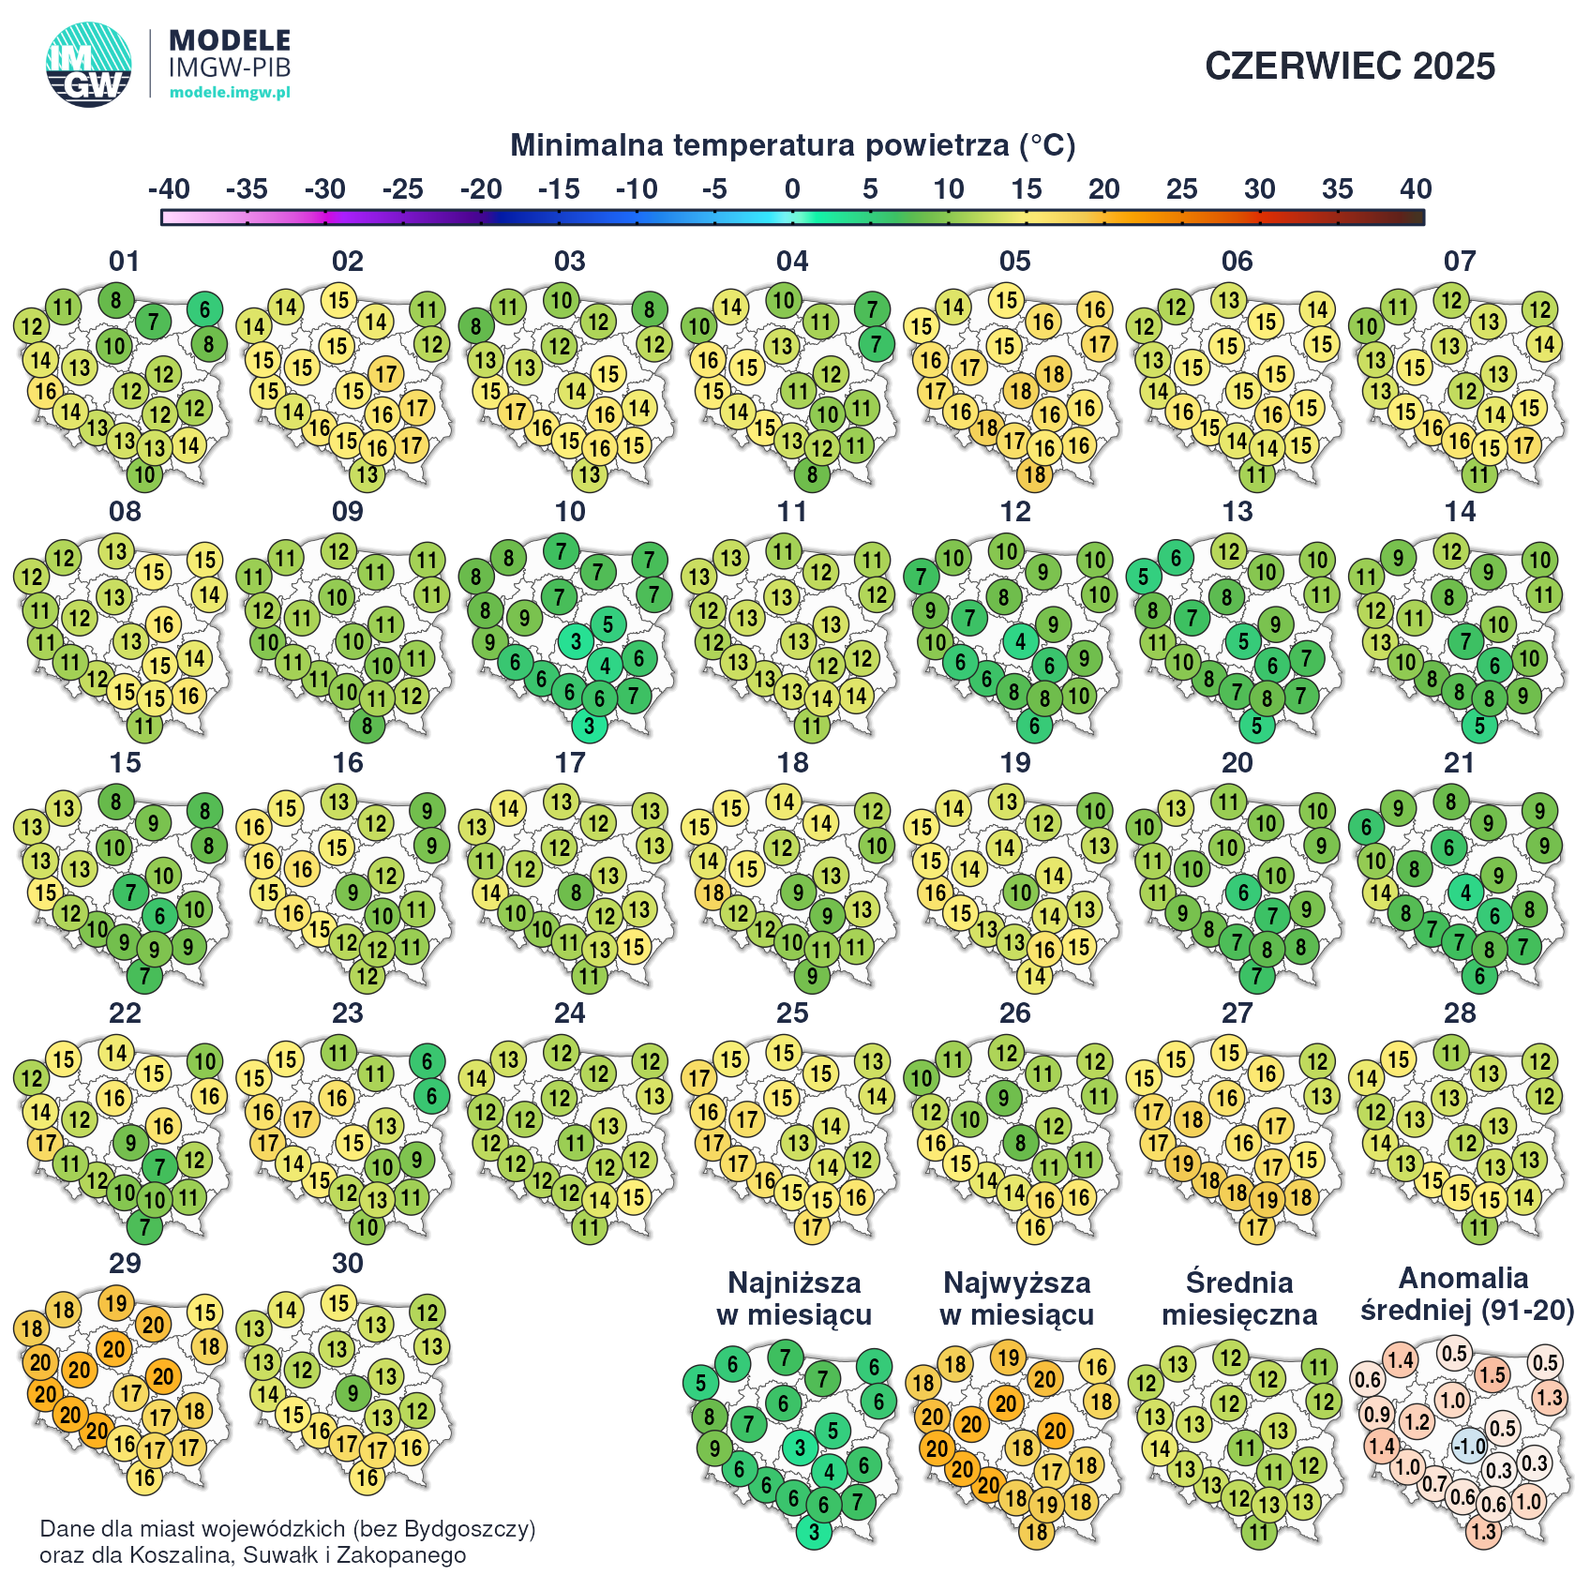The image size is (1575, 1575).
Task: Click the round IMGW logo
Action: (89, 65)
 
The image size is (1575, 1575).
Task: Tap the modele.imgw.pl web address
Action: (230, 92)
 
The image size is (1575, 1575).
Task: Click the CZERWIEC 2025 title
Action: (1349, 67)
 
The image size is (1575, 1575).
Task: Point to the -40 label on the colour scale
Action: (169, 189)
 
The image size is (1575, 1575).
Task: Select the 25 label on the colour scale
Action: (1181, 189)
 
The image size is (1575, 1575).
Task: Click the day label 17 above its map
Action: (570, 763)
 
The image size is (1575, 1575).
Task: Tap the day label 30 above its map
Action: (348, 1264)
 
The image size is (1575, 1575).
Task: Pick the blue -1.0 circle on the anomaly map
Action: (1469, 1447)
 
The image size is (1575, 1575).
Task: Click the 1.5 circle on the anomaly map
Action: (1492, 1375)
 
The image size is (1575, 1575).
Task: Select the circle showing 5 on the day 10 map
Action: (608, 624)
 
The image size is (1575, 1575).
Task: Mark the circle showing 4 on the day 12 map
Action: (1021, 642)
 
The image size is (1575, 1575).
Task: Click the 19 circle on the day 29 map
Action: (115, 1302)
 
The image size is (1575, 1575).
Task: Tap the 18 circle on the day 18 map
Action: (713, 892)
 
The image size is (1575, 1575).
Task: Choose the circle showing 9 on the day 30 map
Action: (352, 1393)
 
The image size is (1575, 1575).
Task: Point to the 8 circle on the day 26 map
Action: (1021, 1143)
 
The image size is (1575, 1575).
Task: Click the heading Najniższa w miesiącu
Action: (794, 1298)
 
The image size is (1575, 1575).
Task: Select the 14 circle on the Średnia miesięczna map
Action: (1160, 1448)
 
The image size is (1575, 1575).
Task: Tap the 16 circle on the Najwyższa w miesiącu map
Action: (1097, 1367)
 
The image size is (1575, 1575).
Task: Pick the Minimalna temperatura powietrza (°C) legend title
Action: (792, 145)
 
